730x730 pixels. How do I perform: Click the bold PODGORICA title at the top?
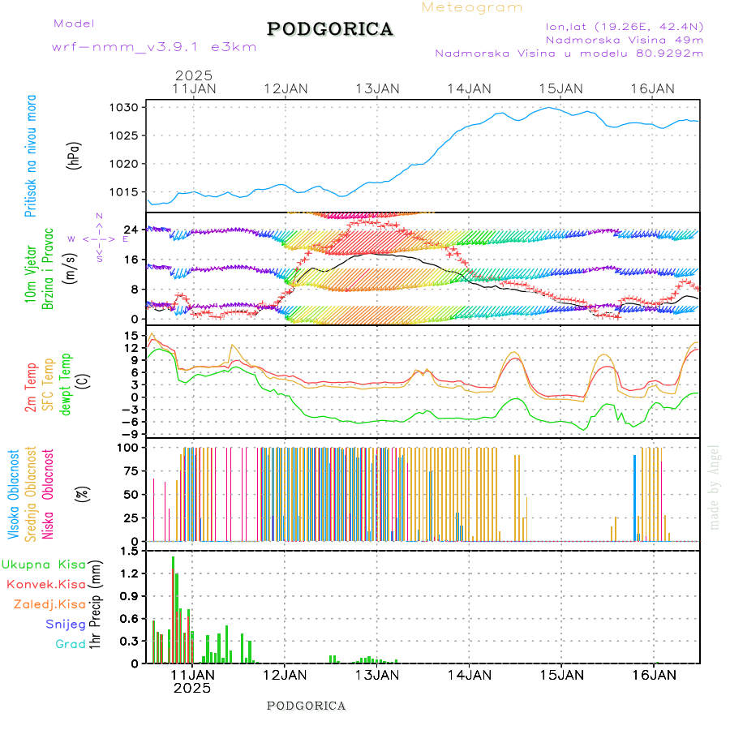pyautogui.click(x=330, y=29)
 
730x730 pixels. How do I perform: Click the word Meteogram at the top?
pyautogui.click(x=473, y=7)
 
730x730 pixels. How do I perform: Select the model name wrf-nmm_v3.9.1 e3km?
pyautogui.click(x=154, y=47)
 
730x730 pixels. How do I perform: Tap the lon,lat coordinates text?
pyautogui.click(x=624, y=26)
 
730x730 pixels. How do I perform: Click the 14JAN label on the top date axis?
pyautogui.click(x=469, y=88)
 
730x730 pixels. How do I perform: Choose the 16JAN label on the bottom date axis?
pyautogui.click(x=653, y=674)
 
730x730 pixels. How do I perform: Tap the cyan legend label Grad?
pyautogui.click(x=71, y=644)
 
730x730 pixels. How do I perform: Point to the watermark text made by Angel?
pyautogui.click(x=715, y=487)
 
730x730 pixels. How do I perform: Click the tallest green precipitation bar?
pyautogui.click(x=173, y=609)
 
